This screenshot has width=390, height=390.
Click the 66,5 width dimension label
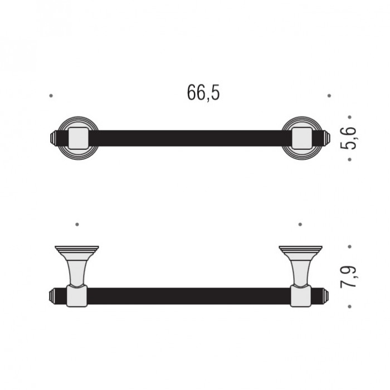[x=203, y=92]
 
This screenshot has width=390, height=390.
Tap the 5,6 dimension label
[x=348, y=138]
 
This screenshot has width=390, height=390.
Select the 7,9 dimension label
[x=348, y=277]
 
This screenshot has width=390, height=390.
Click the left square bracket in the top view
[x=79, y=138]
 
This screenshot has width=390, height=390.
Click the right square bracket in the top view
[x=302, y=138]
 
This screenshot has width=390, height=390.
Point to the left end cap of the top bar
[x=53, y=138]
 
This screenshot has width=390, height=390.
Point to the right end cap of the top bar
[x=327, y=138]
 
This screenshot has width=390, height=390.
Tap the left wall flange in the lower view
[x=77, y=250]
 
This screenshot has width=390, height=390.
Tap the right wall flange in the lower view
[x=300, y=250]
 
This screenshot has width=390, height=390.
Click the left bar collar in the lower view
[x=77, y=296]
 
